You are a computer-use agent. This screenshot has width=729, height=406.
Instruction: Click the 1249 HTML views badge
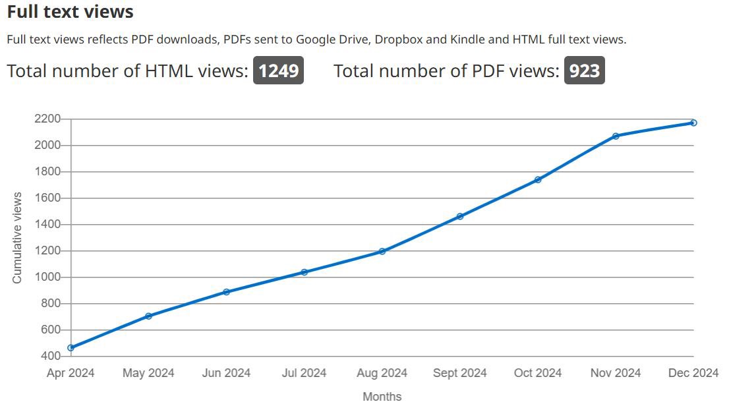pyautogui.click(x=278, y=71)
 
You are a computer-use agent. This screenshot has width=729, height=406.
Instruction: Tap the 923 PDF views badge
pyautogui.click(x=584, y=71)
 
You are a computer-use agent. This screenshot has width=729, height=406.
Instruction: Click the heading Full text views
pyautogui.click(x=70, y=12)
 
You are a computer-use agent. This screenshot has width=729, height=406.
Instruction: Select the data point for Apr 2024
pyautogui.click(x=71, y=347)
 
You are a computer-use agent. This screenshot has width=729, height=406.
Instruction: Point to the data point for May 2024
pyautogui.click(x=148, y=316)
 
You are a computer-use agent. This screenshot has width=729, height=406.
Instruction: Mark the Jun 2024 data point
pyautogui.click(x=226, y=292)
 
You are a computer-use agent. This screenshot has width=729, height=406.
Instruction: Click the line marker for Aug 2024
pyautogui.click(x=382, y=251)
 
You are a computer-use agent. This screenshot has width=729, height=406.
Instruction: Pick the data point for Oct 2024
pyautogui.click(x=538, y=179)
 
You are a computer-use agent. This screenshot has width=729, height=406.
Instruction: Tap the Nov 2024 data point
pyautogui.click(x=616, y=136)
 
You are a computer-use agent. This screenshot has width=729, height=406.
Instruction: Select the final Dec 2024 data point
pyautogui.click(x=693, y=123)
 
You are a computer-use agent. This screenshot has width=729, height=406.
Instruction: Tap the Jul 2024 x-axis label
pyautogui.click(x=304, y=373)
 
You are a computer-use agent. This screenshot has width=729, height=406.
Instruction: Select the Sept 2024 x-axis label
pyautogui.click(x=460, y=373)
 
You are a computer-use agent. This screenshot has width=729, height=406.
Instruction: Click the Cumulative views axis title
pyautogui.click(x=17, y=238)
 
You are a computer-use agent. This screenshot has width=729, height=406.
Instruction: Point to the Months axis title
pyautogui.click(x=382, y=396)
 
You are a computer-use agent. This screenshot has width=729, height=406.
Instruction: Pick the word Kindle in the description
pyautogui.click(x=467, y=39)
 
